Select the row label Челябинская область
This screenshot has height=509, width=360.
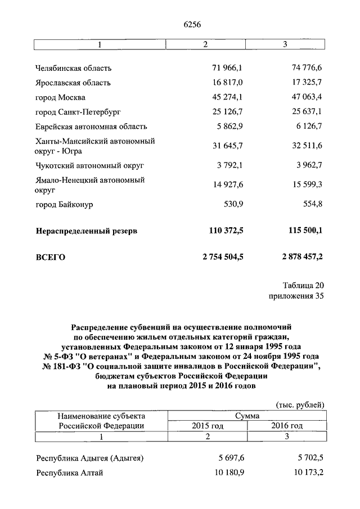tap(74, 68)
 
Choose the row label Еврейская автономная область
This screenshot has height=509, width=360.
tap(91, 127)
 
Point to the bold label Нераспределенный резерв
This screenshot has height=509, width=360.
tap(87, 231)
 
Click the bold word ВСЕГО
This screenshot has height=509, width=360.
tap(51, 258)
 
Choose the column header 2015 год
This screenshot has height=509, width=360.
tap(208, 426)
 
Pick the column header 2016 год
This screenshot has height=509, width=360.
tap(287, 426)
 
